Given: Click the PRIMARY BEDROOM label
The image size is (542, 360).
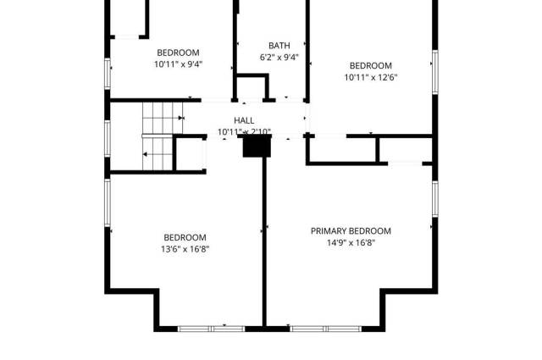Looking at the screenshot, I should (351, 230).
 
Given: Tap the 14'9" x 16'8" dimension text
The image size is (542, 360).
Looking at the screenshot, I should (351, 242).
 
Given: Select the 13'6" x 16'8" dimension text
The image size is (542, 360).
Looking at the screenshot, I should (185, 249).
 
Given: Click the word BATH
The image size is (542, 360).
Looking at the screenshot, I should (279, 46).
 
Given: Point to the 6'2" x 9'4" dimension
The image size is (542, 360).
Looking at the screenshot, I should (279, 58).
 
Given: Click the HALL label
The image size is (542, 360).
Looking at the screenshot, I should (244, 120).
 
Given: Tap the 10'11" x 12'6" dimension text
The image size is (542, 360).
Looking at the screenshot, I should (371, 77).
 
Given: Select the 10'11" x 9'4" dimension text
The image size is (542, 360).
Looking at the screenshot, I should (178, 64).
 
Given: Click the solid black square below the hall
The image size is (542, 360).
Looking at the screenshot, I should (256, 146).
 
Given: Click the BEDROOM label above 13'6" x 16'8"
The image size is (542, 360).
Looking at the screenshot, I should (185, 237).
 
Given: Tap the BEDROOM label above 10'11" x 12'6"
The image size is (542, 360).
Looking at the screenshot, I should (371, 65).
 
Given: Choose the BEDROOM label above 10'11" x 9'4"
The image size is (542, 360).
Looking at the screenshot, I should (178, 52).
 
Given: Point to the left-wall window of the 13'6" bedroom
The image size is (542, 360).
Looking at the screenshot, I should (108, 203).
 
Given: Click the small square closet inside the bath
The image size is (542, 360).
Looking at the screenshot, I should (252, 87).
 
